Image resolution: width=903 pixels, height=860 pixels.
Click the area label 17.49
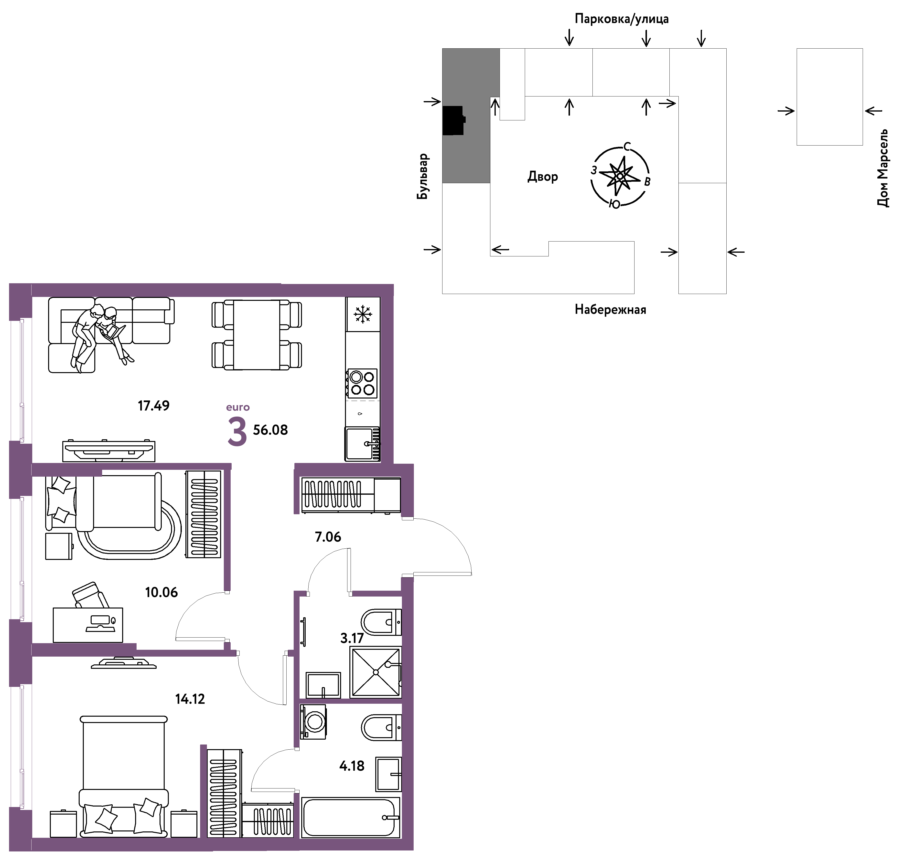[154, 405]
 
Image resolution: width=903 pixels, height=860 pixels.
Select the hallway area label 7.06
[328, 536]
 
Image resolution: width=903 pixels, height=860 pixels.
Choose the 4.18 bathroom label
[352, 766]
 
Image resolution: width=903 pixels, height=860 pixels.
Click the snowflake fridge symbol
[363, 314]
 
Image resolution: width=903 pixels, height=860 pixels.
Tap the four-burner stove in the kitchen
[362, 383]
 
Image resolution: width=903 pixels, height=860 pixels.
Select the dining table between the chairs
[256, 335]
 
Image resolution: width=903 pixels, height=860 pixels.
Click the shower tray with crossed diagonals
[376, 672]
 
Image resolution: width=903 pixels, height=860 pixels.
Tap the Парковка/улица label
[621, 19]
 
